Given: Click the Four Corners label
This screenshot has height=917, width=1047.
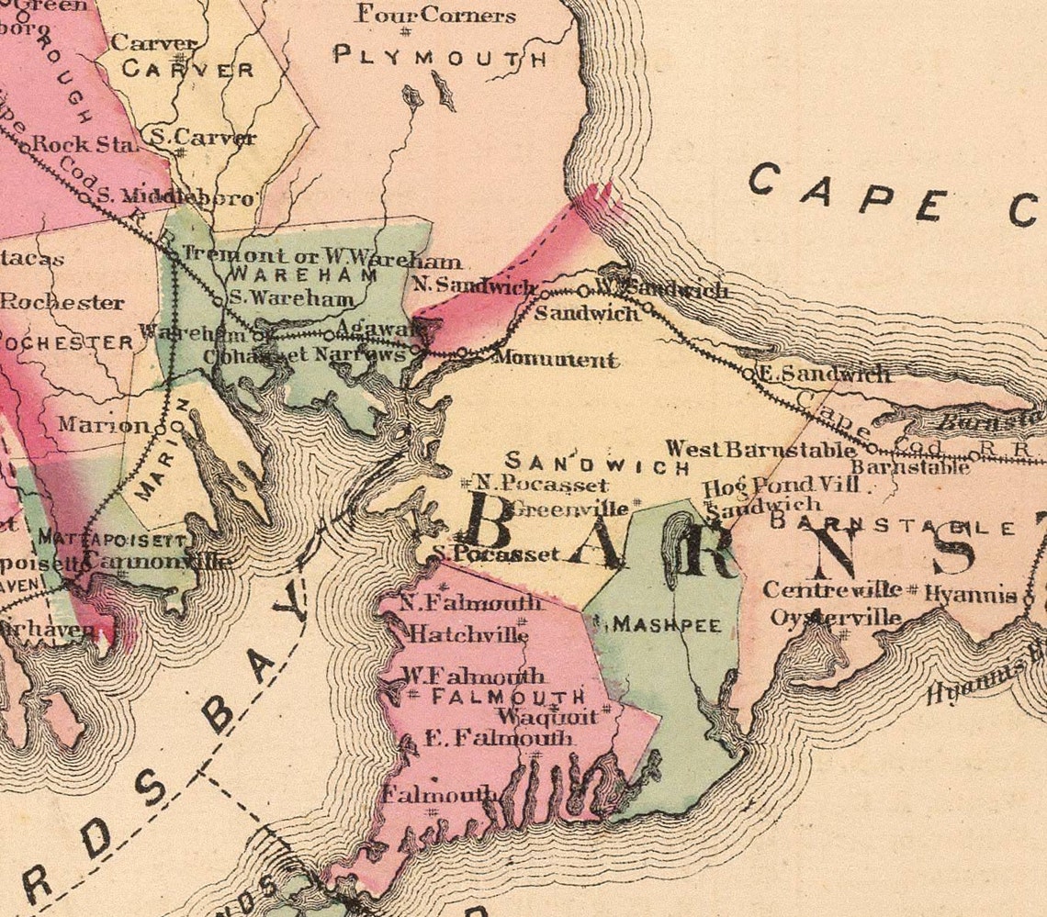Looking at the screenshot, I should (436, 16).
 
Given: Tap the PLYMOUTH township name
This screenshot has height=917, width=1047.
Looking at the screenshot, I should (440, 57).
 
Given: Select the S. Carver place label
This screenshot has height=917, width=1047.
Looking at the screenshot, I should (203, 139).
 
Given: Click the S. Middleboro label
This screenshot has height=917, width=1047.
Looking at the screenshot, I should (174, 196).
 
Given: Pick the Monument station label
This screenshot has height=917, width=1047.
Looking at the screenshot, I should (554, 359).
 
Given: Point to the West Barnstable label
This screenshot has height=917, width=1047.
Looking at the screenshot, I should (761, 450).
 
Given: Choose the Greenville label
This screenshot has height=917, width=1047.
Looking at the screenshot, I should (571, 507).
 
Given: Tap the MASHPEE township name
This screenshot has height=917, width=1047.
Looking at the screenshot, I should (667, 624).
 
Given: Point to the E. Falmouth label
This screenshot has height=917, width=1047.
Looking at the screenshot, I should (499, 737).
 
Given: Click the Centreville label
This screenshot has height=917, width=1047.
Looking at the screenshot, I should (832, 589).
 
